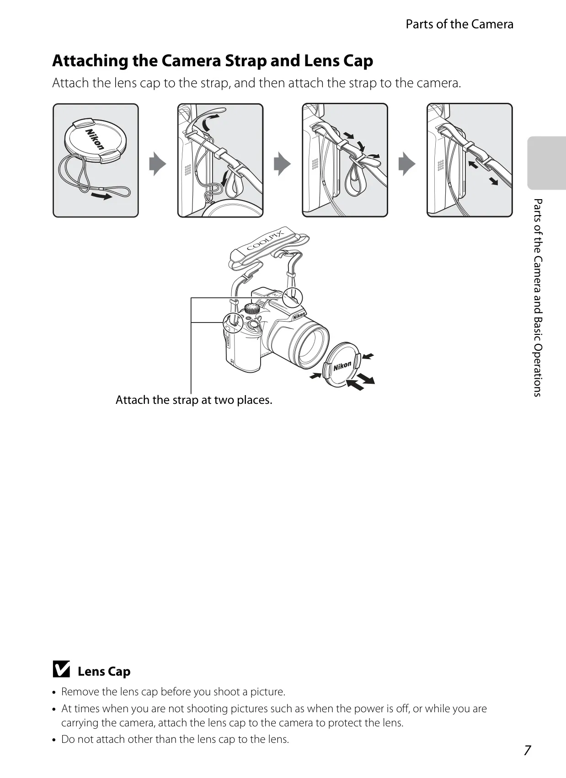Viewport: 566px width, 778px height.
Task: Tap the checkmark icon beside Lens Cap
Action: pyautogui.click(x=61, y=669)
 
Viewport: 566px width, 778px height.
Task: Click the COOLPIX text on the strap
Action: pyautogui.click(x=265, y=240)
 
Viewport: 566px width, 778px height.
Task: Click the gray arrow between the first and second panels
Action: pyautogui.click(x=157, y=164)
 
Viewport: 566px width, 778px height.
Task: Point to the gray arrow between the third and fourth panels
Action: pyautogui.click(x=407, y=164)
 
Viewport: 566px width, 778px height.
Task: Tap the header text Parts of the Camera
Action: pyautogui.click(x=459, y=24)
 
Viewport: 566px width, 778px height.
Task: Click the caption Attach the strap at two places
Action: pyautogui.click(x=194, y=400)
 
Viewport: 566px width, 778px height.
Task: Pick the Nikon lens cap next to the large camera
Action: pyautogui.click(x=342, y=365)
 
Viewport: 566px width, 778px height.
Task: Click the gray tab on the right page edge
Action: pyautogui.click(x=546, y=163)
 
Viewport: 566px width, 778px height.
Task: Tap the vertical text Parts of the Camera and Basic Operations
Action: pyautogui.click(x=538, y=298)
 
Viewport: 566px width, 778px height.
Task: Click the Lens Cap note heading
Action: pyautogui.click(x=104, y=672)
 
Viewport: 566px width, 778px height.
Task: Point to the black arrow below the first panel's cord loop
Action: pyautogui.click(x=101, y=196)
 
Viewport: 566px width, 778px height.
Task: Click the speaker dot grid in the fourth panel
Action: pyautogui.click(x=440, y=165)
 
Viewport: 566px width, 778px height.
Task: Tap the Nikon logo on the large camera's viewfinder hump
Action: pyautogui.click(x=299, y=315)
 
